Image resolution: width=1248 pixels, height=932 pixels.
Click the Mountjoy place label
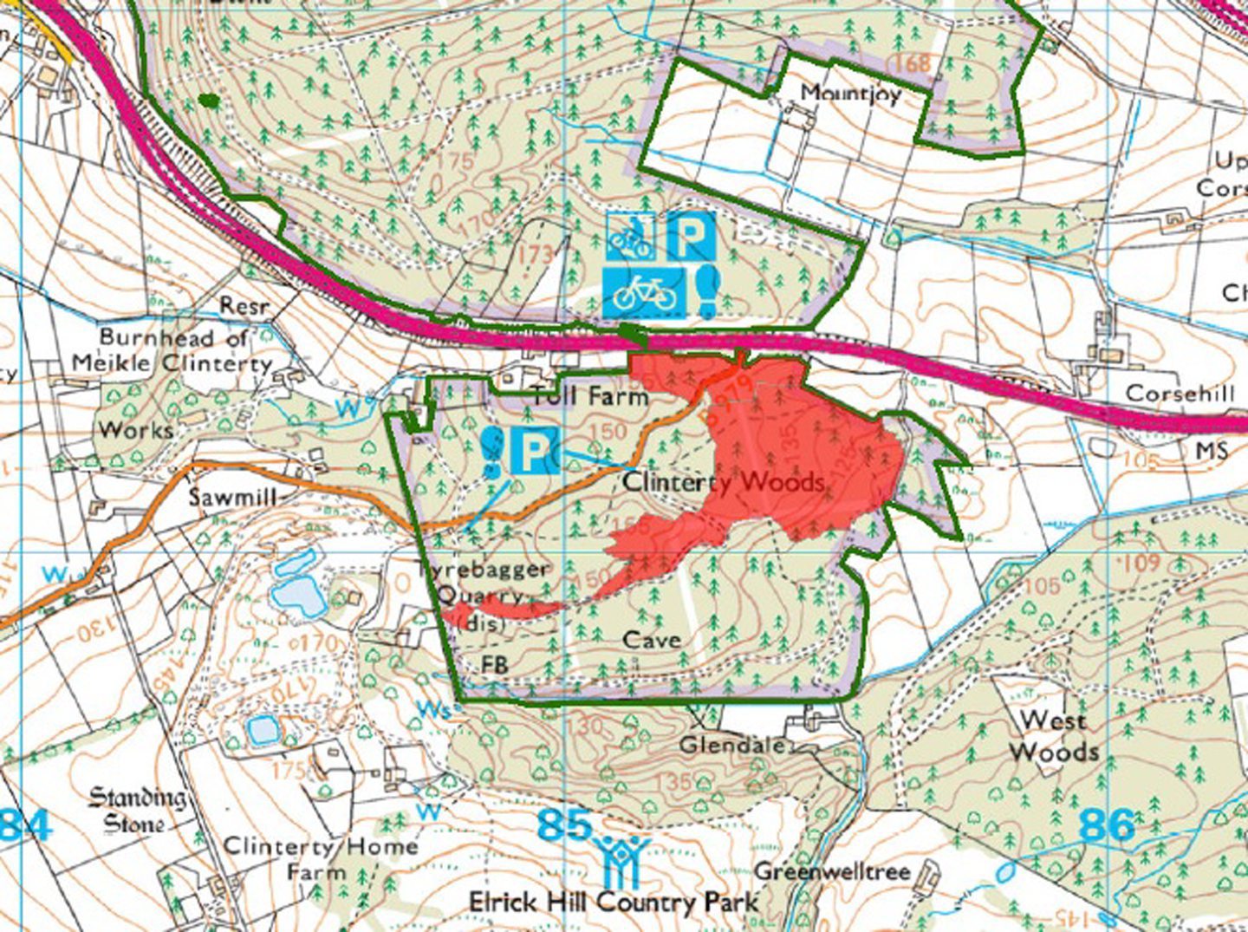coord(850,92)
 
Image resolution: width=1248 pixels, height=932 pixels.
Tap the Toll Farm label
coord(589,396)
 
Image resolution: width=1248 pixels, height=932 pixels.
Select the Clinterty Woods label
coord(724,481)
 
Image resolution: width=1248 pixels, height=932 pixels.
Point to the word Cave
coord(652,640)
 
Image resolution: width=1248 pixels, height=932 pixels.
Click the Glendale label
coord(732,745)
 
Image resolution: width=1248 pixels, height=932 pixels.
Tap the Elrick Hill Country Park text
coord(614,903)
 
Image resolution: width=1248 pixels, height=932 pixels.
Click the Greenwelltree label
coord(832,870)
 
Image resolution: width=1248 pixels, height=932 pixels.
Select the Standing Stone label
coord(137,809)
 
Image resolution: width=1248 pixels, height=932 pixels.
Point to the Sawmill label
coord(233,497)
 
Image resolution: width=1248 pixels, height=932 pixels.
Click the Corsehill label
coord(1180,394)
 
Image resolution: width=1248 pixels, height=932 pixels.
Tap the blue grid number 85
coord(564,824)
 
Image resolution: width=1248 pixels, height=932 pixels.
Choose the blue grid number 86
coord(1107,824)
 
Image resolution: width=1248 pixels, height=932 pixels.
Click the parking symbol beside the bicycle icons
coord(691,235)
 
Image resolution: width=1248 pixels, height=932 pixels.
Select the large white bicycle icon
coord(644,292)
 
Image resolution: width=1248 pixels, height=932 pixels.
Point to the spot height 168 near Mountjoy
coord(912,62)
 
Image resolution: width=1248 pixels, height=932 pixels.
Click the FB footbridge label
coord(495,664)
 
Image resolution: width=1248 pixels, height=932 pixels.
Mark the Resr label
coord(244,307)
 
